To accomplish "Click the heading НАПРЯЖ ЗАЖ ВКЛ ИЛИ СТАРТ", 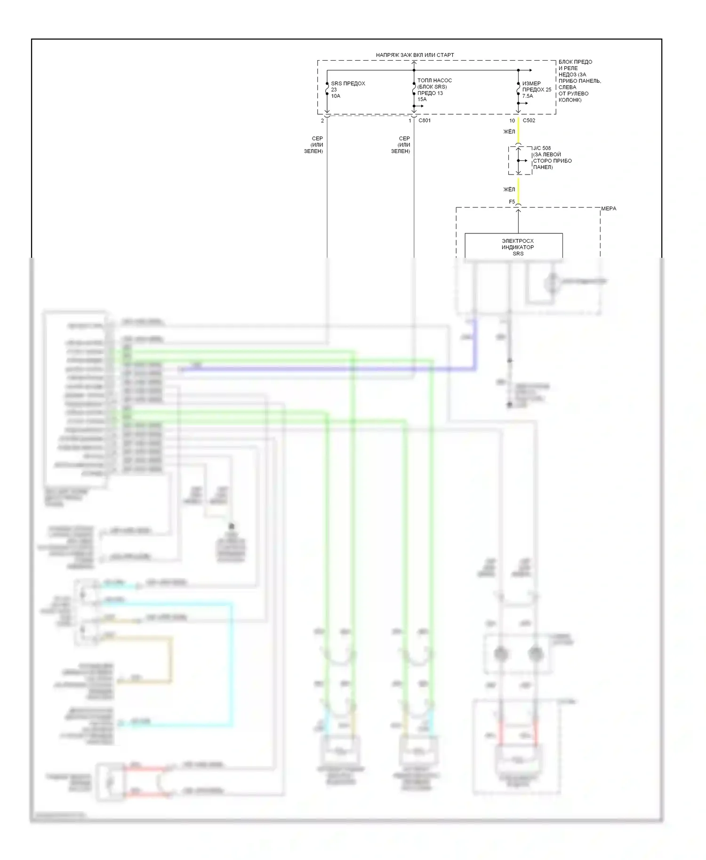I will [x=415, y=55].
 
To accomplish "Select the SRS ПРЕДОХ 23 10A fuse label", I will [x=347, y=89].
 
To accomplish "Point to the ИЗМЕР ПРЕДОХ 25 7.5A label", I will [x=536, y=89].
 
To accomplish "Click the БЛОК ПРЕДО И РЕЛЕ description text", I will [x=579, y=80].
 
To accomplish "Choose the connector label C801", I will [x=425, y=120].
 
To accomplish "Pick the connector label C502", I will [x=529, y=120].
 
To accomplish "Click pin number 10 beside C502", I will [x=512, y=120].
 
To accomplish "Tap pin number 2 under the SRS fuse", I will [x=322, y=121].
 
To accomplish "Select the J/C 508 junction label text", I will [x=552, y=158].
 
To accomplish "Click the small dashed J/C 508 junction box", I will [x=520, y=160].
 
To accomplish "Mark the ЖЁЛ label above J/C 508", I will [x=509, y=132].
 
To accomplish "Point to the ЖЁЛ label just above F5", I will [x=509, y=190].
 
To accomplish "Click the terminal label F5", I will [x=512, y=202].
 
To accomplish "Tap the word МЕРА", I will [x=609, y=208].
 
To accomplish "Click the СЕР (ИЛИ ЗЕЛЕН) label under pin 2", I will [x=314, y=145].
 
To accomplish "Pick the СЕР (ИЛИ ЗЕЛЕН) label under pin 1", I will [x=401, y=145].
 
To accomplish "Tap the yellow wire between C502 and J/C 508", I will [x=518, y=131].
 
